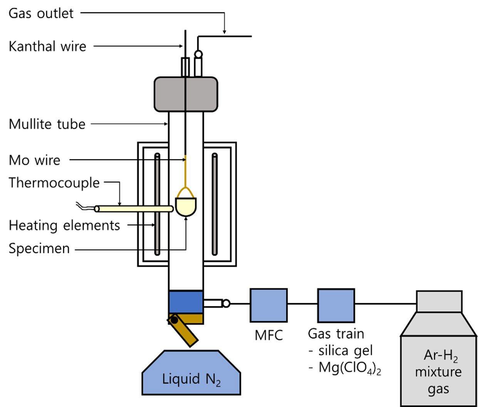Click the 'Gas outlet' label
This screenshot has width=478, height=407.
coord(41,14)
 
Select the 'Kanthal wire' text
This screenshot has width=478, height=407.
coord(47,47)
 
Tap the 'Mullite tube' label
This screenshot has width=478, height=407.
coord(47,124)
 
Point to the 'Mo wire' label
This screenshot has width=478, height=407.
coord(35,160)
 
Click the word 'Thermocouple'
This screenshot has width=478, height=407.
coord(54,182)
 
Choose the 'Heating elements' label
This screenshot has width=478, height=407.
coord(64,225)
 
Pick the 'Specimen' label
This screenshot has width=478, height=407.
coord(39,249)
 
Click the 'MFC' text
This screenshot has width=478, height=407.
coord(268,335)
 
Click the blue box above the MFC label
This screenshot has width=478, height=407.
coord(268,305)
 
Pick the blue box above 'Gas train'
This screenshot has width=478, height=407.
coord(336,305)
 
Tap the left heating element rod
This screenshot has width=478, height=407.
coord(157,204)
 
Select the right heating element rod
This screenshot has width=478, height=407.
coord(215,204)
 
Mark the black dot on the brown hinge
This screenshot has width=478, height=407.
coord(174,319)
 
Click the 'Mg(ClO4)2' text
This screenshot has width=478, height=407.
coord(345,368)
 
